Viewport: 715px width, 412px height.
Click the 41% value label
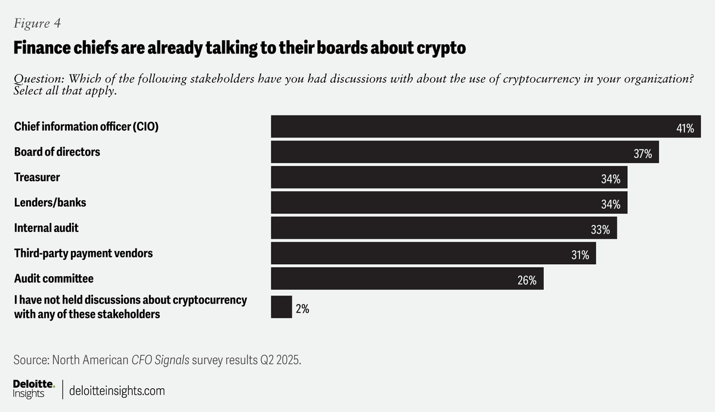tap(685, 128)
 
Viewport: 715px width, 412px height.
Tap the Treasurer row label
tap(37, 178)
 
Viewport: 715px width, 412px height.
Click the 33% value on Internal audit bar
tap(600, 230)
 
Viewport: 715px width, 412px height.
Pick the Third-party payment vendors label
tap(83, 253)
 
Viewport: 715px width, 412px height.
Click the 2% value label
tap(302, 309)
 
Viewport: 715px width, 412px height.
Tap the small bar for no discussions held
tap(281, 307)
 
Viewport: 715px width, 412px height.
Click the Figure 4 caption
tap(37, 23)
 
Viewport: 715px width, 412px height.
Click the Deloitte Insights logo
tap(33, 389)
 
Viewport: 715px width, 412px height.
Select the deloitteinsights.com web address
tap(117, 391)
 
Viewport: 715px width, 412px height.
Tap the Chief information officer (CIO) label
tap(86, 127)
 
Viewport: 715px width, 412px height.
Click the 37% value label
tap(642, 154)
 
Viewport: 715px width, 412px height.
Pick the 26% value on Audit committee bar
tap(527, 280)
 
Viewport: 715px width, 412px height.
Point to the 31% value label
tap(580, 255)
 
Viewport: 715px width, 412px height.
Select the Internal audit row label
tap(47, 228)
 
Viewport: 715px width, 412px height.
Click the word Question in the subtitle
tap(39, 79)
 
